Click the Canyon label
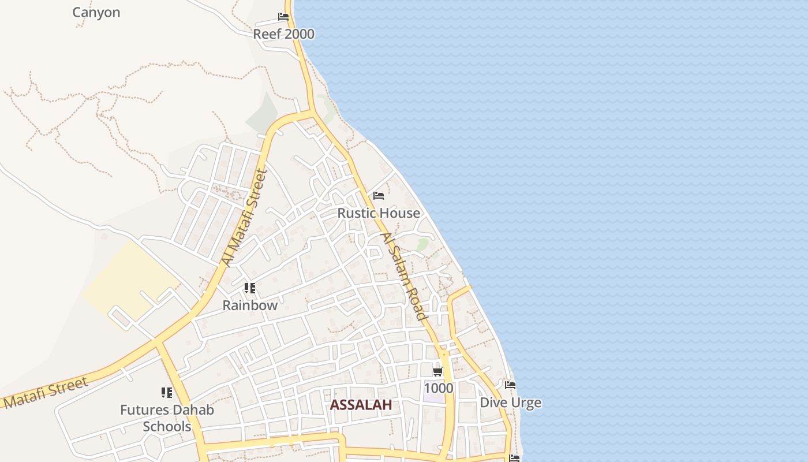[96, 12]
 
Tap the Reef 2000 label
[283, 34]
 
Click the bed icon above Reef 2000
[283, 17]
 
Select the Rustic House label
[379, 213]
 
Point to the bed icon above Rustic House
[379, 196]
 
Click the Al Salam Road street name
[404, 276]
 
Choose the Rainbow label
[250, 305]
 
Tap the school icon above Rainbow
[249, 288]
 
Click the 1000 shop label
[438, 388]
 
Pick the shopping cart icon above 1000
[438, 371]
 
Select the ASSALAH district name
[361, 405]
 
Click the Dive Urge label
[511, 403]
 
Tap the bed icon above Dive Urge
[510, 385]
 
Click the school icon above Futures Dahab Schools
[167, 393]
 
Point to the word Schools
[167, 427]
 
